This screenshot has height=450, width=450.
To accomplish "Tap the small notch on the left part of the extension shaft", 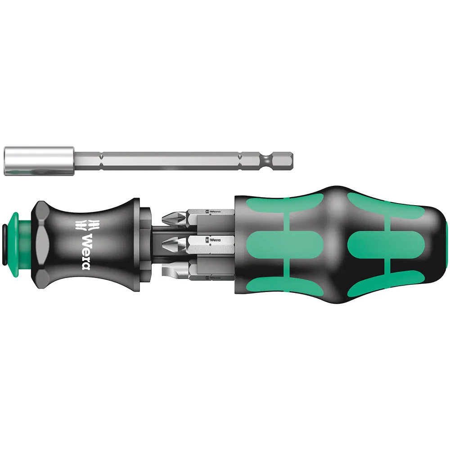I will tap(101, 161).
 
